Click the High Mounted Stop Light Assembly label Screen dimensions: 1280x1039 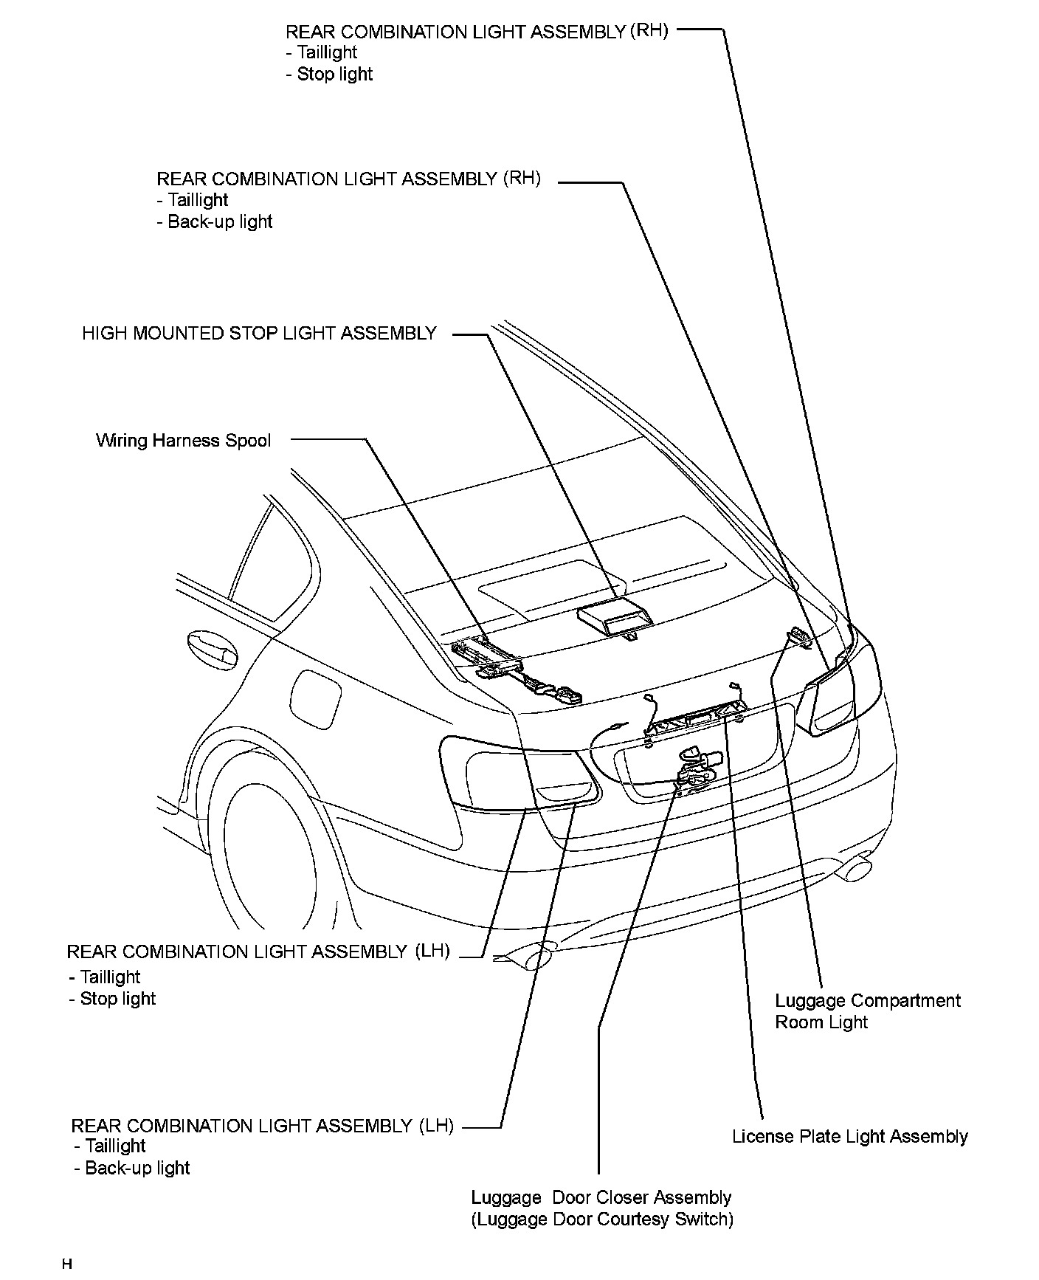259,334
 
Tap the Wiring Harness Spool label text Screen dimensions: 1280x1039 183,441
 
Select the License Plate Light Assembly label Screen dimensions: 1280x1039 849,1137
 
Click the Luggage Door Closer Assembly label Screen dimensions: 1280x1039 601,1197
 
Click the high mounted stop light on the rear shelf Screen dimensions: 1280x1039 615,616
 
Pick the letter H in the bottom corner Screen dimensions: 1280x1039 67,1264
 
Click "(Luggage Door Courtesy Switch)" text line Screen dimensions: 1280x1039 602,1219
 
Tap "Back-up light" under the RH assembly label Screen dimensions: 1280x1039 220,222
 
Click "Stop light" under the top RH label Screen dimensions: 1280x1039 335,75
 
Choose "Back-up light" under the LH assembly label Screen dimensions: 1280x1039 137,1168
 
